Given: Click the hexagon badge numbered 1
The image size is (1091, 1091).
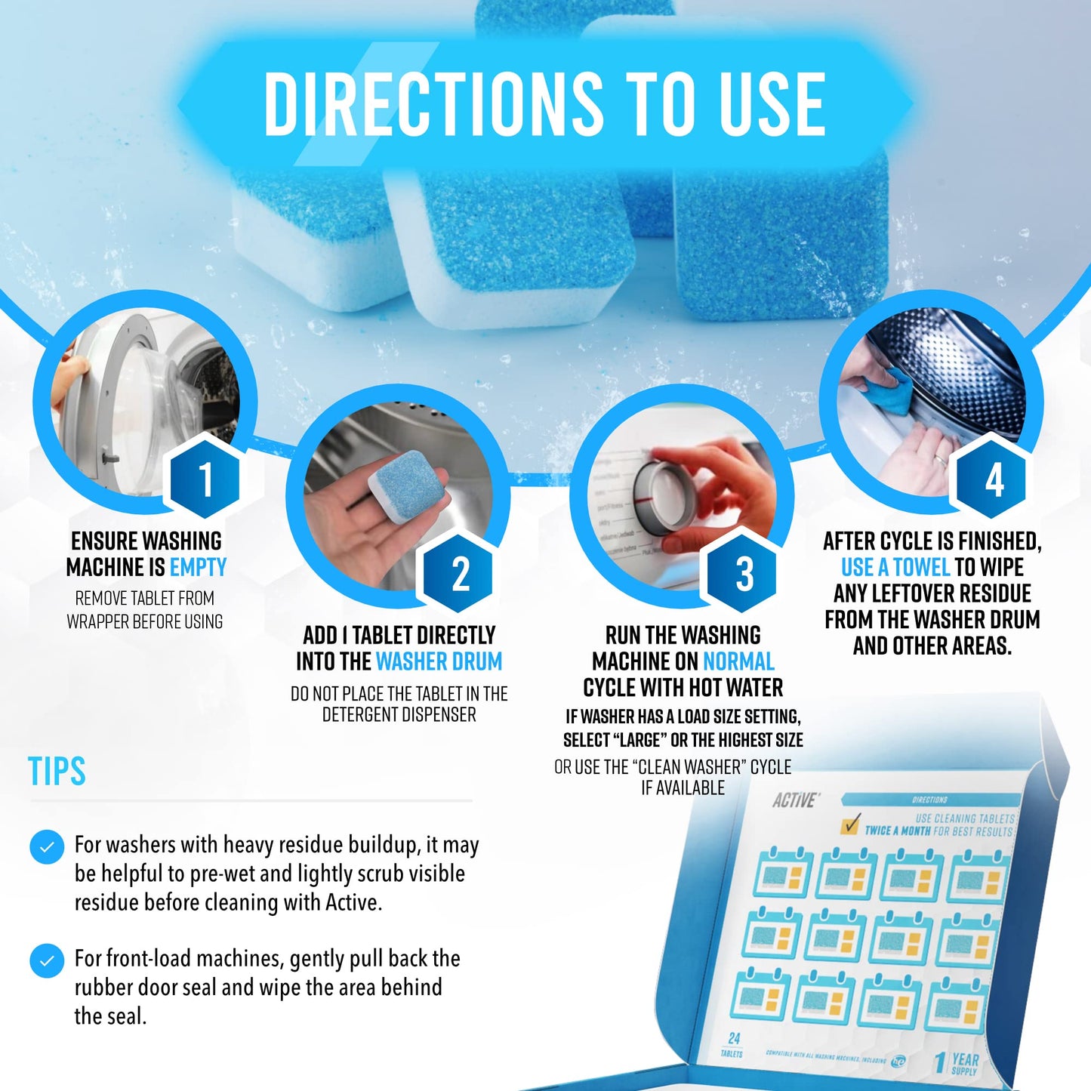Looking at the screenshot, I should (205, 479).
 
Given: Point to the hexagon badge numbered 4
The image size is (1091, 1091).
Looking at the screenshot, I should (993, 479).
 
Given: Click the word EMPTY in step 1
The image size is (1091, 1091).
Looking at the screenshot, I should (198, 567).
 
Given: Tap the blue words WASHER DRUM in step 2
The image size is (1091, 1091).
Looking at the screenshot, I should (439, 661).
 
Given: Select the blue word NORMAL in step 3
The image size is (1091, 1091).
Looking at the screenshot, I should (738, 661).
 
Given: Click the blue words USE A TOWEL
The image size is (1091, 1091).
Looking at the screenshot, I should (895, 567).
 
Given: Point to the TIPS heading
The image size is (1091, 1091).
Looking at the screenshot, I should (57, 772).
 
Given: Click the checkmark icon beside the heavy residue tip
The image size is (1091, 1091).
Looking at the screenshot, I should (47, 847).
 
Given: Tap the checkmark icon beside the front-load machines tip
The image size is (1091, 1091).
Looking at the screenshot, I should (47, 960).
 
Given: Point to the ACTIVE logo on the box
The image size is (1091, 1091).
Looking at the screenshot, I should (794, 800).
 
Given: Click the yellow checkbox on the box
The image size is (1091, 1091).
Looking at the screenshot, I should (851, 824).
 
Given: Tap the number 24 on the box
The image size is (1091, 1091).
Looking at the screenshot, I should (734, 1039).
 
